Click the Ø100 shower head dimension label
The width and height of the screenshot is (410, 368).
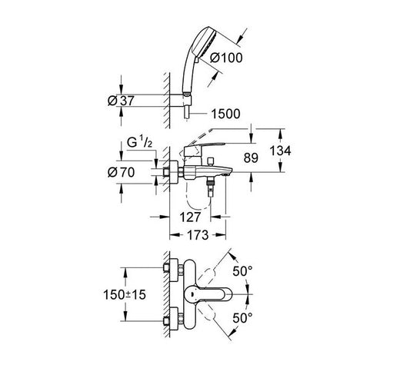(226, 58)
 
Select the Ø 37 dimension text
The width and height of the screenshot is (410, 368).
(121, 101)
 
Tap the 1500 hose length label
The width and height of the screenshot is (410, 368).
(225, 114)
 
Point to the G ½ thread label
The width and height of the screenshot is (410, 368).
(139, 143)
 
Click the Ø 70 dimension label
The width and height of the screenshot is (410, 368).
(121, 172)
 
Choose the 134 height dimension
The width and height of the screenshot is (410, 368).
(280, 151)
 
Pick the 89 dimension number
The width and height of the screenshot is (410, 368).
(251, 157)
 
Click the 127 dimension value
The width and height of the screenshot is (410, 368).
(190, 217)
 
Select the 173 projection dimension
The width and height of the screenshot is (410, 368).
(198, 235)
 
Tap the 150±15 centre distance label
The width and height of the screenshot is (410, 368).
(125, 295)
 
